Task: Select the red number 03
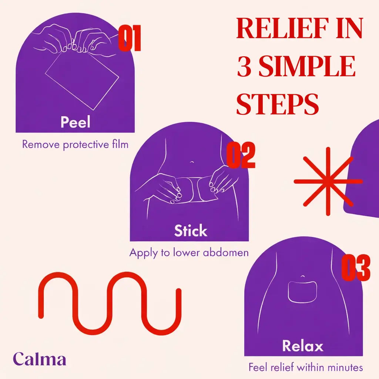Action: (x=355, y=268)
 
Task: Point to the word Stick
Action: (x=191, y=231)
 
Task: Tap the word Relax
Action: (x=303, y=346)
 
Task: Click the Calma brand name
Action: (x=40, y=359)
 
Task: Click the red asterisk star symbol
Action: (x=328, y=181)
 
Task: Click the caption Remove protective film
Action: (x=75, y=144)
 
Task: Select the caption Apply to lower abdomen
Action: (x=189, y=253)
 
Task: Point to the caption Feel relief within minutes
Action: (x=306, y=368)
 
